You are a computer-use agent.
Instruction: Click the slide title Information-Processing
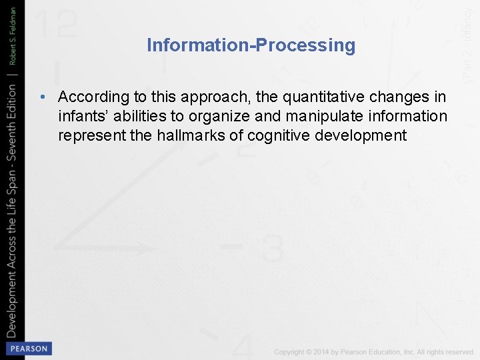click(251, 45)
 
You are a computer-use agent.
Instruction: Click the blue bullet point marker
click(43, 97)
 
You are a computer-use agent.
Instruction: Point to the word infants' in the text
click(79, 117)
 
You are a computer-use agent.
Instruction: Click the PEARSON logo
click(28, 348)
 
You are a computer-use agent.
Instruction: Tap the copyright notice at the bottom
click(373, 351)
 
